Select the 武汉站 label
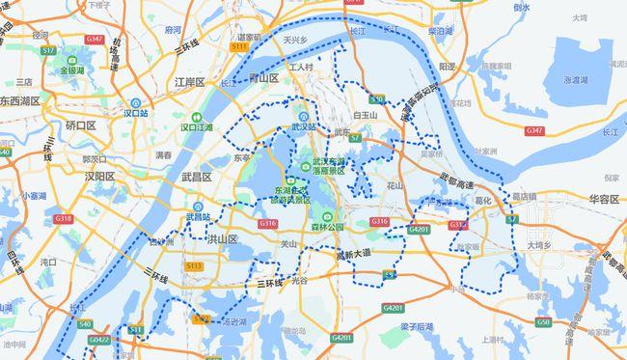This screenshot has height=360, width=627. pyautogui.click(x=303, y=125)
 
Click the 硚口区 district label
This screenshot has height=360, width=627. pyautogui.click(x=81, y=125)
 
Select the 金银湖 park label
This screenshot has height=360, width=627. pyautogui.click(x=73, y=70)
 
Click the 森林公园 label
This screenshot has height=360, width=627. pyautogui.click(x=327, y=227)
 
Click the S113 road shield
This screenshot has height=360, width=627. pyautogui.click(x=193, y=265)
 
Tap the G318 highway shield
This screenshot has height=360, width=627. pyautogui.click(x=64, y=219)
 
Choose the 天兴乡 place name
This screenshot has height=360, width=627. pyautogui.click(x=294, y=41)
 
